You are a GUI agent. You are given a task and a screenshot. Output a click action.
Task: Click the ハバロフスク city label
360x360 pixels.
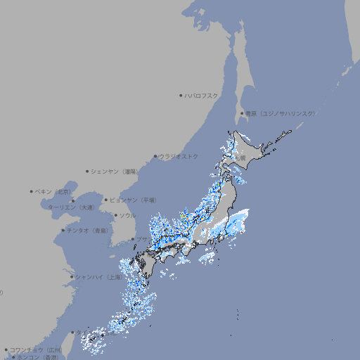pyautogui.click(x=201, y=95)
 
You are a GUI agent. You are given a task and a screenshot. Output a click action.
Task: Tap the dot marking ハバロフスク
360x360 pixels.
pyautogui.click(x=181, y=95)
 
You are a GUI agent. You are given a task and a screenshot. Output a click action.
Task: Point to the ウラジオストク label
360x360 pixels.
pyautogui.click(x=179, y=156)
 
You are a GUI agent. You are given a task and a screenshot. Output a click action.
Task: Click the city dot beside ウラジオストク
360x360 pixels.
pyautogui.click(x=155, y=156)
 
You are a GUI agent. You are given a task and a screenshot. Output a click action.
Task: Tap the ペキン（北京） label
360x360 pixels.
pyautogui.click(x=53, y=191)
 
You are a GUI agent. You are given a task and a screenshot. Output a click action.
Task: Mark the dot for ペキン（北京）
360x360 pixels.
pyautogui.click(x=32, y=191)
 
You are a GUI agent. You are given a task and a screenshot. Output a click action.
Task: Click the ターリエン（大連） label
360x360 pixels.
pyautogui.click(x=71, y=207)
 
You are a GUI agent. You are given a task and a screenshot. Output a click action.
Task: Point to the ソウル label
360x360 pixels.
pyautogui.click(x=127, y=215)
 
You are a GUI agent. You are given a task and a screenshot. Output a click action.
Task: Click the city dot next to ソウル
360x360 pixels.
pyautogui.click(x=115, y=215)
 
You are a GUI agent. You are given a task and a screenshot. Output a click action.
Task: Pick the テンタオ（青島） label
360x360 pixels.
pyautogui.click(x=88, y=230)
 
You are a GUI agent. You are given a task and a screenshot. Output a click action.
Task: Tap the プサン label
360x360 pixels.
pyautogui.click(x=143, y=240)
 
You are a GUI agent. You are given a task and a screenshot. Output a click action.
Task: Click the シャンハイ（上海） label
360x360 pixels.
pyautogui.click(x=99, y=277)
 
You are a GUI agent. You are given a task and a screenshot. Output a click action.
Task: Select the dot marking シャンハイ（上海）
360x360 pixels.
pyautogui.click(x=72, y=277)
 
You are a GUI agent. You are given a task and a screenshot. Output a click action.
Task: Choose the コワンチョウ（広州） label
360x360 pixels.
pyautogui.click(x=35, y=349)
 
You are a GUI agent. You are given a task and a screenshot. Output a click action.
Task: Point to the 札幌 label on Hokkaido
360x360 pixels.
pyautogui.click(x=240, y=158)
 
